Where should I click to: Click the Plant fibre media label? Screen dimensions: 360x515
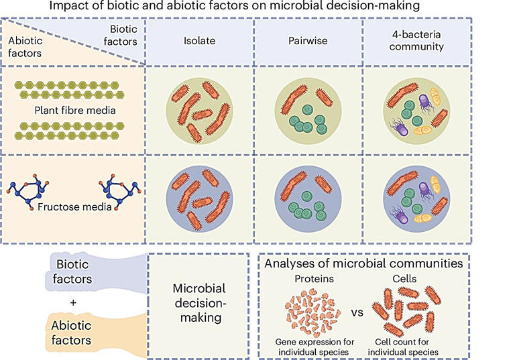click(x=71, y=109)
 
